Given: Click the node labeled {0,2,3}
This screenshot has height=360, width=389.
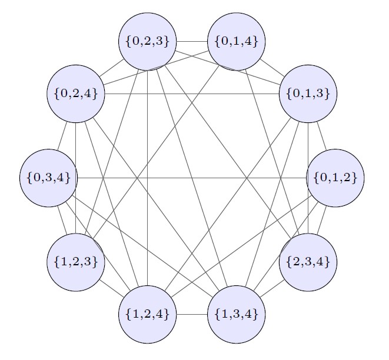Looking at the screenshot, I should click(x=148, y=42).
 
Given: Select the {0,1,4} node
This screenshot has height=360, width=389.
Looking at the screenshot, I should click(x=237, y=42).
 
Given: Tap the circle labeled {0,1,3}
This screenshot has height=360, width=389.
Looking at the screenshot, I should click(x=308, y=94).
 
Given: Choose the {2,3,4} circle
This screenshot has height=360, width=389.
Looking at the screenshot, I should click(x=308, y=262).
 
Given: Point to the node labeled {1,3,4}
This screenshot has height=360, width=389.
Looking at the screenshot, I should click(x=237, y=314).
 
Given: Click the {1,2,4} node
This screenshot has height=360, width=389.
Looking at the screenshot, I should click(x=148, y=314).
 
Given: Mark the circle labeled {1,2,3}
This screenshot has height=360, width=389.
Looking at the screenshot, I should click(x=76, y=262).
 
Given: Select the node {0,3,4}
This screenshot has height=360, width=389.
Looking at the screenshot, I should click(x=49, y=178).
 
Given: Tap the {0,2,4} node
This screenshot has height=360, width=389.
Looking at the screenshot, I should click(x=76, y=94).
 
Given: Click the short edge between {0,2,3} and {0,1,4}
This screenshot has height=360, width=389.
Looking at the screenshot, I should click(x=192, y=42).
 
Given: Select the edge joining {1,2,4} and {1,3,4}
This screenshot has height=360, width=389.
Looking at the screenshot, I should click(x=192, y=314).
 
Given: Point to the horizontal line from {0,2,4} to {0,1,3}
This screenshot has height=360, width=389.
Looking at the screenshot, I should click(x=177, y=94).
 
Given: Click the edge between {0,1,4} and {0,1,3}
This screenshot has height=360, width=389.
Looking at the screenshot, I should click(x=271, y=66).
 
